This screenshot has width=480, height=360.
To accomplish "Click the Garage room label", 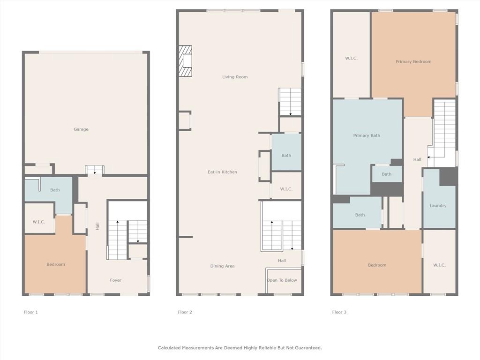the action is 81,129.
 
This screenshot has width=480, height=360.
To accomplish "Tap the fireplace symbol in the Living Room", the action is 186,61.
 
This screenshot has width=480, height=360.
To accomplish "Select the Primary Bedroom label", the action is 413,61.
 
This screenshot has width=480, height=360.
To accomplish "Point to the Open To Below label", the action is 282,280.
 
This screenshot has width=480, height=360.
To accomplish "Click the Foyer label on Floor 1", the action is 116,280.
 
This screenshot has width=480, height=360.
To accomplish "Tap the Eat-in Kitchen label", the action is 222,172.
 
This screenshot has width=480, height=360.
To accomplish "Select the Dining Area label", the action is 222,266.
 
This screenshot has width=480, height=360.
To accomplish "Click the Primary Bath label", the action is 367,135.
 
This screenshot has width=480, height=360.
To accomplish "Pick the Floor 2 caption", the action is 185,312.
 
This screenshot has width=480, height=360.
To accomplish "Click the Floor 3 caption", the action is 339,312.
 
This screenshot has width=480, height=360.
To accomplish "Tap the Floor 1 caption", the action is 30,312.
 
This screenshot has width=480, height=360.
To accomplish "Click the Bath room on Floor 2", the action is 286,152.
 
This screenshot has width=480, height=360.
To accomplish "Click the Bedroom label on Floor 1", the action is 56,264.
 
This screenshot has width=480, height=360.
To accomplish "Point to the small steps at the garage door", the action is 95,170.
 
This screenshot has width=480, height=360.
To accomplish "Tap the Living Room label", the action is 235,77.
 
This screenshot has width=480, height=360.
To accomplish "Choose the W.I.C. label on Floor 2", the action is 286,189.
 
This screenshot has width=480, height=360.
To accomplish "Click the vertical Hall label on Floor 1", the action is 97,226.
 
